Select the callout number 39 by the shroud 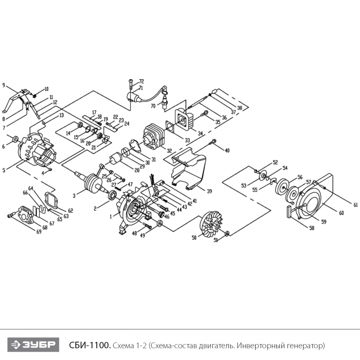pos(209,191)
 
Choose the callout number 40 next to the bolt pos(227,150)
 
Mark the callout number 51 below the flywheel pos(215,240)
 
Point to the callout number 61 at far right pos(355,205)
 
